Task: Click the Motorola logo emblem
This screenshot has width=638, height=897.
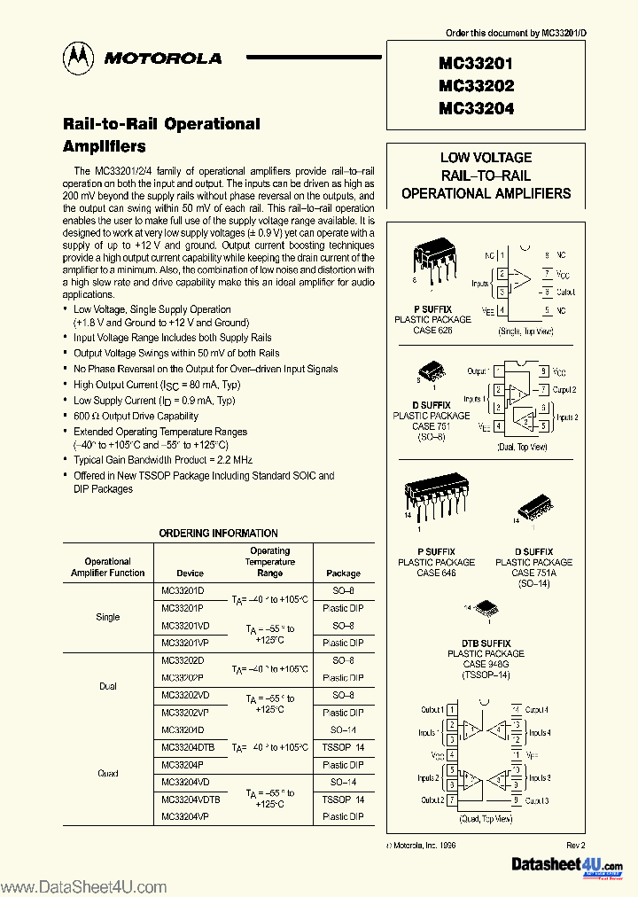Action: [77, 58]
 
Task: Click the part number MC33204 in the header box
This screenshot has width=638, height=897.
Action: [475, 109]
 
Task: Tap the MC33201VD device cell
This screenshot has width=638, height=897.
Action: [185, 626]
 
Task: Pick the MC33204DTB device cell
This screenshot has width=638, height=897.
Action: [188, 747]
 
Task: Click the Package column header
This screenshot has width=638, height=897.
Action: [343, 573]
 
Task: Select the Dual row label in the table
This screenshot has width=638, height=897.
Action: [107, 686]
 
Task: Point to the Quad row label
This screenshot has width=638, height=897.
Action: [107, 773]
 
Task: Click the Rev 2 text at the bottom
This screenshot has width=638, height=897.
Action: [576, 846]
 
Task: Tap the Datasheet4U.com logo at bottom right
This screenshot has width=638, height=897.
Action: [568, 866]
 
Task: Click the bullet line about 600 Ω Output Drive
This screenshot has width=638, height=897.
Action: [136, 416]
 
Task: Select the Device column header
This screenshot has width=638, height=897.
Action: [190, 573]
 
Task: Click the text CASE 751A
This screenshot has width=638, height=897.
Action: [535, 573]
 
